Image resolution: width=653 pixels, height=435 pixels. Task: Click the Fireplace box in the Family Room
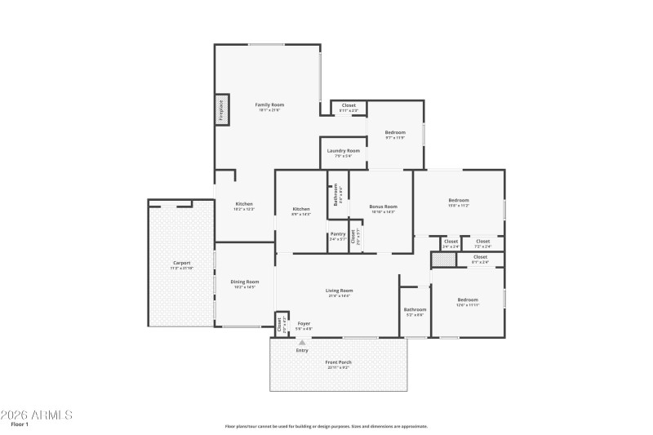[x=220, y=110]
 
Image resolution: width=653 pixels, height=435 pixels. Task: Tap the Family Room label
[x=269, y=105]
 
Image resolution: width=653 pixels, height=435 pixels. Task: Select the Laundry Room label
[x=343, y=151]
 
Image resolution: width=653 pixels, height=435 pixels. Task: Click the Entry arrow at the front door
[x=302, y=342]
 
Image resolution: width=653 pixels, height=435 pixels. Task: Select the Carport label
[x=181, y=263]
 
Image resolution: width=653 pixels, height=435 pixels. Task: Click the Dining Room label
[x=245, y=282]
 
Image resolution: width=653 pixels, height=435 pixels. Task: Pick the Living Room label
[x=339, y=291]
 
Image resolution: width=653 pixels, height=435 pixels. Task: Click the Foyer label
[x=303, y=324]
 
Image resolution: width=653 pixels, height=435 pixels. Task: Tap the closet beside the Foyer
[x=281, y=324]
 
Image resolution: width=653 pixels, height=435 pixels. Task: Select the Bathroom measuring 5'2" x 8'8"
[x=415, y=309]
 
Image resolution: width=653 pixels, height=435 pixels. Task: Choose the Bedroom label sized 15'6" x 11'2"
[x=458, y=201]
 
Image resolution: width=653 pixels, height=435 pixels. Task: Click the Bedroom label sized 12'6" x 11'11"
[x=467, y=300]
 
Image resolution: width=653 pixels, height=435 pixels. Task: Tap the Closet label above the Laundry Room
[x=349, y=105]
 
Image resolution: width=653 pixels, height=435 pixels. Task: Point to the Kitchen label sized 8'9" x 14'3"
[x=301, y=210]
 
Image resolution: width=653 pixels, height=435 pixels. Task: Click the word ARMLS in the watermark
[x=50, y=415]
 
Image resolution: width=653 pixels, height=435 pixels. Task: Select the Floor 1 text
[x=20, y=425]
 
